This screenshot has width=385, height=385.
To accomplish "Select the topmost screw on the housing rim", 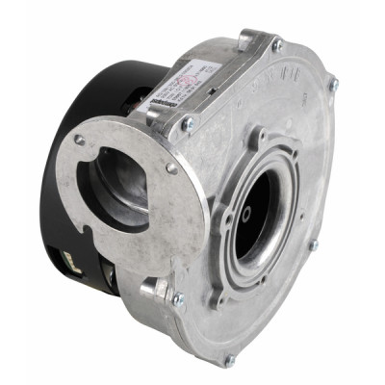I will click(x=277, y=44).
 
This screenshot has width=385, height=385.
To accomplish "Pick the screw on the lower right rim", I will click(x=313, y=244).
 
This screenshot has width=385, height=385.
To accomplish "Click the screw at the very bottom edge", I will click(x=229, y=360).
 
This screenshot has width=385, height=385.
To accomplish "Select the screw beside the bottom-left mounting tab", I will click(x=176, y=299).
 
